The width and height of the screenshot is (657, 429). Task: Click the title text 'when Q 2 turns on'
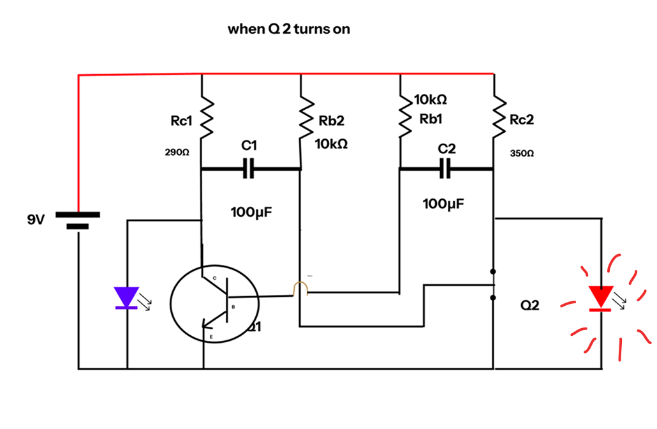(289, 29)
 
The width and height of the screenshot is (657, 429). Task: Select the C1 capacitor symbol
(249, 169)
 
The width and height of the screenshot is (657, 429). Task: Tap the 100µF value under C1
(251, 212)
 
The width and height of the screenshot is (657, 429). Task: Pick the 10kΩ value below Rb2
(332, 144)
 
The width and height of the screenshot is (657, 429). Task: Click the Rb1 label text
(431, 119)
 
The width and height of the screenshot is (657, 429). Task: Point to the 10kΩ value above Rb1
(430, 100)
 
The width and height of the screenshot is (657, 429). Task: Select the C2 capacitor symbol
(447, 169)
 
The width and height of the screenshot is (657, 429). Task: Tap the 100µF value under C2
(443, 204)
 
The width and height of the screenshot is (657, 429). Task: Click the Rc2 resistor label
(522, 121)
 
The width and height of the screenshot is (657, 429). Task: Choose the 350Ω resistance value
(522, 154)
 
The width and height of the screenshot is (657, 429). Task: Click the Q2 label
(529, 306)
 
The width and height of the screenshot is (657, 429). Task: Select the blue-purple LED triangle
(126, 297)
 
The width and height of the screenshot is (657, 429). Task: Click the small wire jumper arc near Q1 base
(300, 289)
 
